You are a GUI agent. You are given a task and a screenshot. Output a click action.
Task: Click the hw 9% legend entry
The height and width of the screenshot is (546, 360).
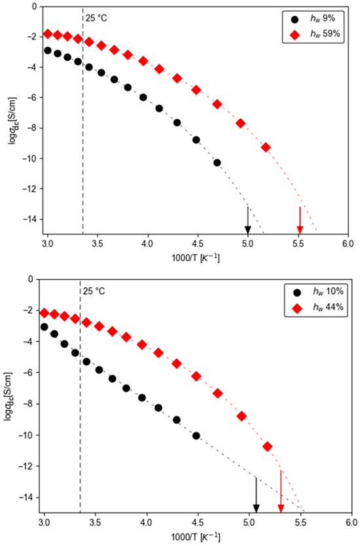click(x=313, y=19)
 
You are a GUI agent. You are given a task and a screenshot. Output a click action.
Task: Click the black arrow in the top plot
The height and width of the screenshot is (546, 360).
click(x=247, y=220)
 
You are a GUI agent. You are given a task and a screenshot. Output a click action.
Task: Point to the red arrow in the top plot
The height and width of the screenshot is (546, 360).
click(x=300, y=220)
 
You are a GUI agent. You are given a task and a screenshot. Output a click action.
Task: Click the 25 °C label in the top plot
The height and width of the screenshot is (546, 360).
click(x=96, y=18)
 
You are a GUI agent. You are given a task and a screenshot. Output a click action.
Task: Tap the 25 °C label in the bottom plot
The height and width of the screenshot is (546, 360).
click(x=94, y=291)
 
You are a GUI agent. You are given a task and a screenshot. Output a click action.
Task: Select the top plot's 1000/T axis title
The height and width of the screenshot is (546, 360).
click(x=196, y=258)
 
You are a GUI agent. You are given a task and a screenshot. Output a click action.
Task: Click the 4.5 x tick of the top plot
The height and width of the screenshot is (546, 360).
click(x=198, y=242)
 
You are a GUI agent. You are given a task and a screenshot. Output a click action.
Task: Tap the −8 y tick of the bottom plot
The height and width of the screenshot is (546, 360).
click(x=31, y=404)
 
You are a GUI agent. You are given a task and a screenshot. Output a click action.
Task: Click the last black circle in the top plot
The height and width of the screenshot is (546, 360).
click(x=217, y=162)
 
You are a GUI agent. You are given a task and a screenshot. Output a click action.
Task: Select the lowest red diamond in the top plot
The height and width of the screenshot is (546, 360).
click(x=266, y=147)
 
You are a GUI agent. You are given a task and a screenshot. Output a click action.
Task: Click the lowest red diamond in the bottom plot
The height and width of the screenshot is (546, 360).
click(x=268, y=446)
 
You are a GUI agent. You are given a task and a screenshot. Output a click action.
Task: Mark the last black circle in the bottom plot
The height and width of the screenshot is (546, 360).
click(x=196, y=435)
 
